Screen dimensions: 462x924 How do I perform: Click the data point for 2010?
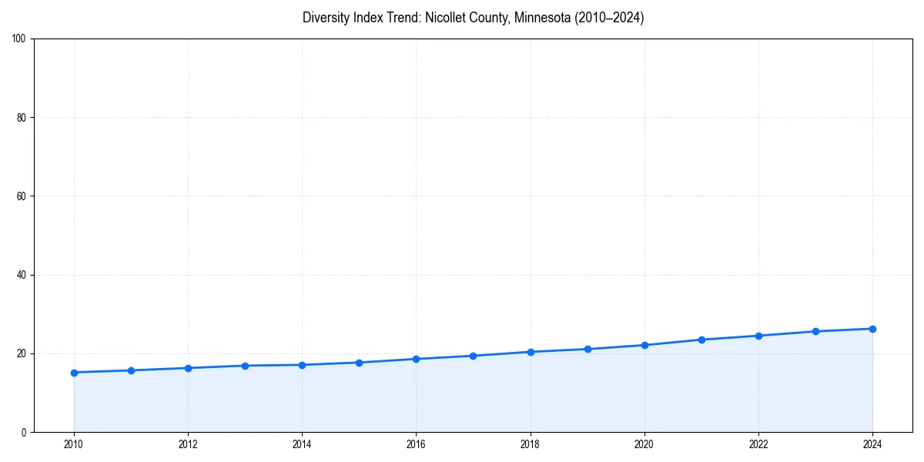(x=74, y=373)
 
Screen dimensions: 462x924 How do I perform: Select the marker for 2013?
(x=245, y=366)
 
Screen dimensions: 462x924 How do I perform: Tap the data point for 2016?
(x=416, y=359)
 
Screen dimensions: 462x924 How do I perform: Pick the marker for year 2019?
(x=588, y=349)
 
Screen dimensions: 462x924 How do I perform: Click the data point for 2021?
(x=701, y=340)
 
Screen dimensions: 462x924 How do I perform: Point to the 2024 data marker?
(x=872, y=329)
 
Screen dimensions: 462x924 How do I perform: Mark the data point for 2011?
(x=131, y=370)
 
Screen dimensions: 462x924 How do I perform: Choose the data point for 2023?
(x=815, y=331)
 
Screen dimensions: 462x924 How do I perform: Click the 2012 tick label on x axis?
(x=188, y=444)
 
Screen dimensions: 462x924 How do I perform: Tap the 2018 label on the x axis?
(x=531, y=444)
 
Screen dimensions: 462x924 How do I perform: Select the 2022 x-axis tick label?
(x=758, y=444)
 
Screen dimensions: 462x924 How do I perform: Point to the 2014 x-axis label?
(x=302, y=444)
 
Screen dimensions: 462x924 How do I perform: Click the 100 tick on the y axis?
(x=19, y=38)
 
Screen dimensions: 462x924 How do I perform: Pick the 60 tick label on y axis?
(x=22, y=196)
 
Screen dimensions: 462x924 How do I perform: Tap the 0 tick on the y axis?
(x=24, y=432)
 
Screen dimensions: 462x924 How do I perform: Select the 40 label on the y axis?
(x=22, y=275)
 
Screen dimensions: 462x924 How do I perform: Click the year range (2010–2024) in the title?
(x=606, y=18)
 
